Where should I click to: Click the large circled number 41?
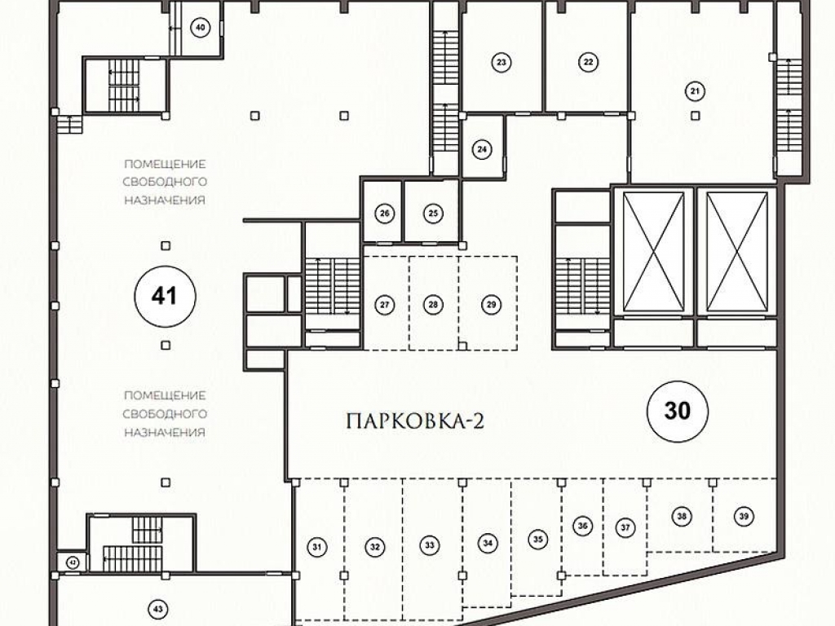point(165,296)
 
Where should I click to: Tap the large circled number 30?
point(678,411)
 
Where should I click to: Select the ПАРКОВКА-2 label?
point(415,421)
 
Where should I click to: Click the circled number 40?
point(201,28)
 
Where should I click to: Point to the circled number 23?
point(501,62)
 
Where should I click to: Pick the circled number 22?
point(588,62)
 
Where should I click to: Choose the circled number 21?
point(695,91)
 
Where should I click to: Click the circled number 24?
point(482,150)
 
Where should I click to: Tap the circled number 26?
point(385,214)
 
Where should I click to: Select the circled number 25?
point(433,214)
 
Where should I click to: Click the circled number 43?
point(157,609)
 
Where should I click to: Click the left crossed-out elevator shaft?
point(653,252)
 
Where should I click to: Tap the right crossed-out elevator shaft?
point(737,252)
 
